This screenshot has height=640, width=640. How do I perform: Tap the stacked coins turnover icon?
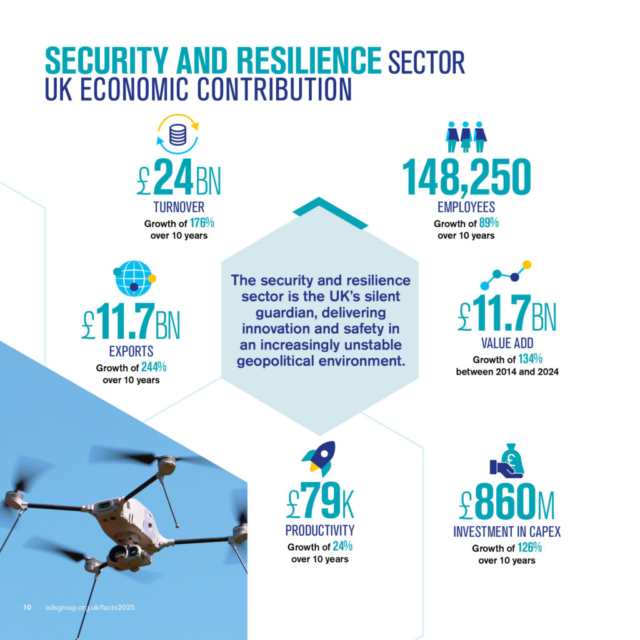177,134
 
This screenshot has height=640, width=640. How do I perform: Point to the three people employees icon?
466,136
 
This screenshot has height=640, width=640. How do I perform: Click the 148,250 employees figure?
466,177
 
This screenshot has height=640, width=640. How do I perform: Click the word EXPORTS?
131,351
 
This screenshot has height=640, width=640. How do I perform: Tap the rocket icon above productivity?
320,459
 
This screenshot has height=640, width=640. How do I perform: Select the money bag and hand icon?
507,460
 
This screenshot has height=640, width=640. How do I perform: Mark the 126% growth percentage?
529,547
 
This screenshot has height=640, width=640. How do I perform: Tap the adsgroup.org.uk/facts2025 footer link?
91,607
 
